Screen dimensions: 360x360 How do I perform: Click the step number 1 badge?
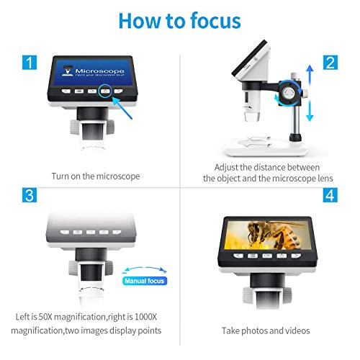[x=28, y=63]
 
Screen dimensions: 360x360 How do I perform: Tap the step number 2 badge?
[x=330, y=63]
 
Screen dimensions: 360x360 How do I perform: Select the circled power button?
[x=106, y=91]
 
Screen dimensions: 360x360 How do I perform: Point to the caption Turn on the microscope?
[x=96, y=176]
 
